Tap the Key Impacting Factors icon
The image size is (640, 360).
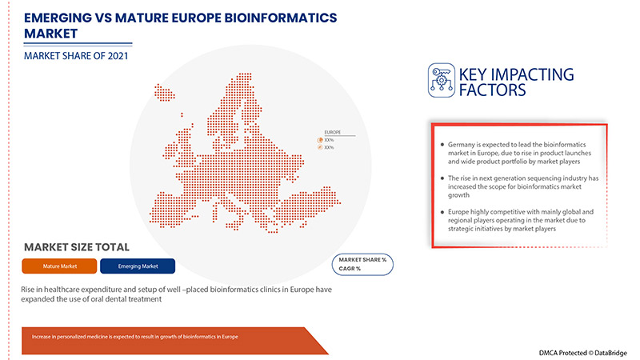[x=440, y=80]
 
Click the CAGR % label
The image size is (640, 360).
[x=350, y=269]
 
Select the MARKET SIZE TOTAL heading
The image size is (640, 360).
[x=77, y=247]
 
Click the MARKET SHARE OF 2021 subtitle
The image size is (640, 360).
[x=75, y=56]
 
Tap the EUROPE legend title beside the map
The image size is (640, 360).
[x=333, y=131]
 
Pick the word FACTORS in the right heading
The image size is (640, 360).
[x=492, y=90]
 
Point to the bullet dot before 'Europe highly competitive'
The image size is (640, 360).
[x=442, y=210]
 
